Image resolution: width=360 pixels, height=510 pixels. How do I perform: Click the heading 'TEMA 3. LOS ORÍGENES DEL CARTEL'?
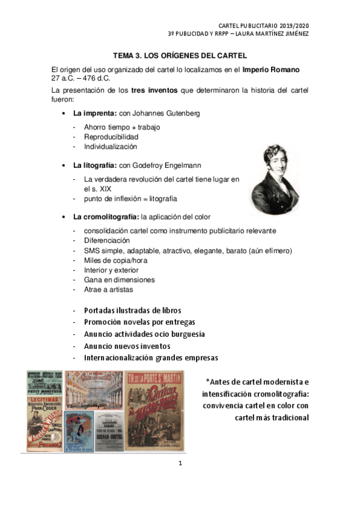180,55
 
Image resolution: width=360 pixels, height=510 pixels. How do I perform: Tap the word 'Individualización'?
111,147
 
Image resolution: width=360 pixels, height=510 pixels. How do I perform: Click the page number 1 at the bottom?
180,463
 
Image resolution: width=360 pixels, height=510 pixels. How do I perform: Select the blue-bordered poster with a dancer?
79,431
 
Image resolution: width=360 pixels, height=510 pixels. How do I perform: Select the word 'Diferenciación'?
107,241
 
